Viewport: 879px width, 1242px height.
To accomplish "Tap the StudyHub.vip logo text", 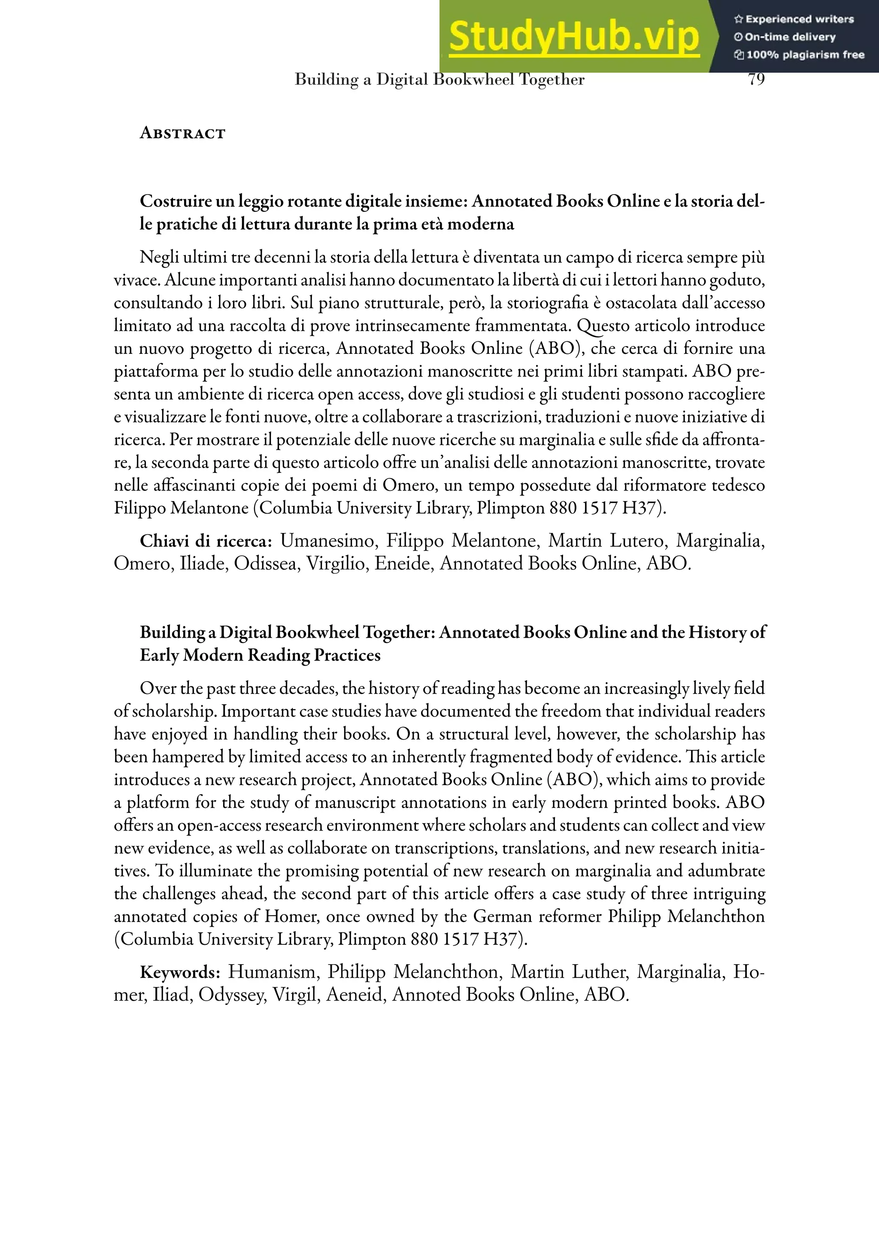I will click(574, 37).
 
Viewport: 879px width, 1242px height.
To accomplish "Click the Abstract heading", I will click(182, 133).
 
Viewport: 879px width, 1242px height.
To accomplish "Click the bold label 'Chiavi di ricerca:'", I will click(206, 541).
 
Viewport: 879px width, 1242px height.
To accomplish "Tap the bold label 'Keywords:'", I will click(179, 972).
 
